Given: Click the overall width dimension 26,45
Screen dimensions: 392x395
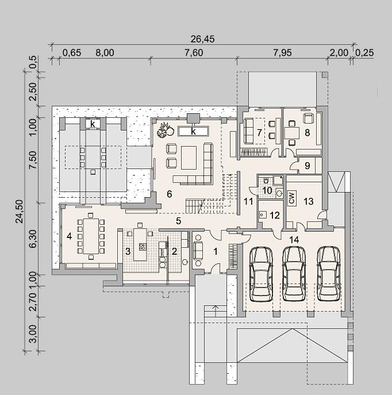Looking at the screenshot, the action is [x=202, y=39].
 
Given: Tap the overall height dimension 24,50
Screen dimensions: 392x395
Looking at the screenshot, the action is [x=19, y=211].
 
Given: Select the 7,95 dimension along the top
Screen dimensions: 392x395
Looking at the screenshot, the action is [x=282, y=53].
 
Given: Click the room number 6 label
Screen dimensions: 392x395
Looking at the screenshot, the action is [x=169, y=194].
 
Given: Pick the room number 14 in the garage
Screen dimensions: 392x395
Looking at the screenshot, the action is [x=294, y=240].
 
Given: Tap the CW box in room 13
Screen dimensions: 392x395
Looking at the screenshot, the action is [x=292, y=199].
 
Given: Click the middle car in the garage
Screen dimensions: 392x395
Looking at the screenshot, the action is [x=294, y=274].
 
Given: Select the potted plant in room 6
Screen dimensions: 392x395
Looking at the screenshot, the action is [x=166, y=129].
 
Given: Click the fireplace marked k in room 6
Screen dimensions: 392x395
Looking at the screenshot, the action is [x=193, y=131].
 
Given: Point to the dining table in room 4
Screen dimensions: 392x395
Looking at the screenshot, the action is [x=91, y=236].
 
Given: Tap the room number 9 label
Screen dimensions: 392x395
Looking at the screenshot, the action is [x=307, y=166].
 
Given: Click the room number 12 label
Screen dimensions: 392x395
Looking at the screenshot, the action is [x=275, y=215].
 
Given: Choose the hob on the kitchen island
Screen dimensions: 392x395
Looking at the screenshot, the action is [x=142, y=246].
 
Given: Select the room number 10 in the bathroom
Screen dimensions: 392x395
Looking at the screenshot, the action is [x=267, y=190].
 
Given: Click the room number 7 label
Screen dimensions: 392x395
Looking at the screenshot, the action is [x=259, y=132].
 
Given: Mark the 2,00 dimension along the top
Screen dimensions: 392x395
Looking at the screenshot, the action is [x=339, y=53].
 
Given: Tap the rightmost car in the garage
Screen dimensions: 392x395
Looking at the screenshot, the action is [x=328, y=274].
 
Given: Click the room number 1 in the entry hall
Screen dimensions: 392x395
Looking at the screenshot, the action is [x=216, y=251].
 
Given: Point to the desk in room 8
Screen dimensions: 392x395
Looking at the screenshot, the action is [x=292, y=133].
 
